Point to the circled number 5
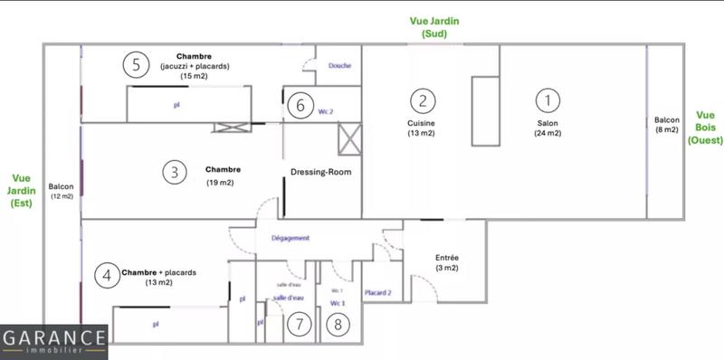click(x=135, y=64)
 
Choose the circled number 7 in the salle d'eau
click(x=298, y=323)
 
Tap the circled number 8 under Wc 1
click(x=337, y=323)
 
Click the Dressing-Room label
click(x=320, y=172)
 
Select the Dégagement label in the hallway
click(x=291, y=239)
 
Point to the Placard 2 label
click(x=377, y=292)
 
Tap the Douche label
click(x=340, y=65)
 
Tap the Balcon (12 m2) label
click(x=62, y=191)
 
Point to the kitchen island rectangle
click(x=484, y=111)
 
